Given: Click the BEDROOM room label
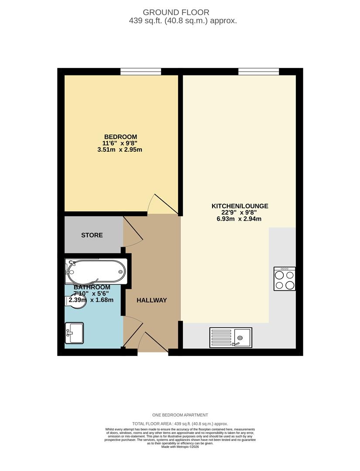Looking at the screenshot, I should (120, 137).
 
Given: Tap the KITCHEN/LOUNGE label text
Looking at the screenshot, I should (240, 206).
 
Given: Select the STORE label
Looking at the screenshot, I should (92, 235).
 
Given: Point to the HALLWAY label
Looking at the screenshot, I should (152, 300).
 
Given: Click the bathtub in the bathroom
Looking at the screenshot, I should (96, 271).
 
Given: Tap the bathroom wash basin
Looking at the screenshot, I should (74, 333).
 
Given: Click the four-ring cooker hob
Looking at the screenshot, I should (285, 279).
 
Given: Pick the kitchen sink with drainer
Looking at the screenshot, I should (231, 337).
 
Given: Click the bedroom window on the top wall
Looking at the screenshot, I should (141, 72).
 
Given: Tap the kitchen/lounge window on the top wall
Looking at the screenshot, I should (258, 72).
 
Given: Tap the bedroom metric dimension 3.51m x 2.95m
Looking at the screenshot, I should (120, 150).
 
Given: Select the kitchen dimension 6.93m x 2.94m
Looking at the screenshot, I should (240, 219).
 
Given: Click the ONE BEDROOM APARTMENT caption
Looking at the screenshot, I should (180, 415).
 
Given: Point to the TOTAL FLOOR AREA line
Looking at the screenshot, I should (180, 423).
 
